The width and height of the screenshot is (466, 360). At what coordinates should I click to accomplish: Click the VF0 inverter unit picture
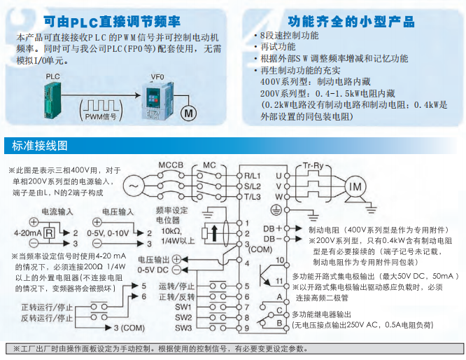pyautogui.click(x=155, y=99)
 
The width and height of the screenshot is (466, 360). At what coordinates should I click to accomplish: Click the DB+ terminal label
pyautogui.click(x=271, y=228)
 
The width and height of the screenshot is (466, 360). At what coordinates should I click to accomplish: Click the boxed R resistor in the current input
pyautogui.click(x=50, y=232)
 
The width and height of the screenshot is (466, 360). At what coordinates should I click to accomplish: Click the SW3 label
pyautogui.click(x=183, y=328)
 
